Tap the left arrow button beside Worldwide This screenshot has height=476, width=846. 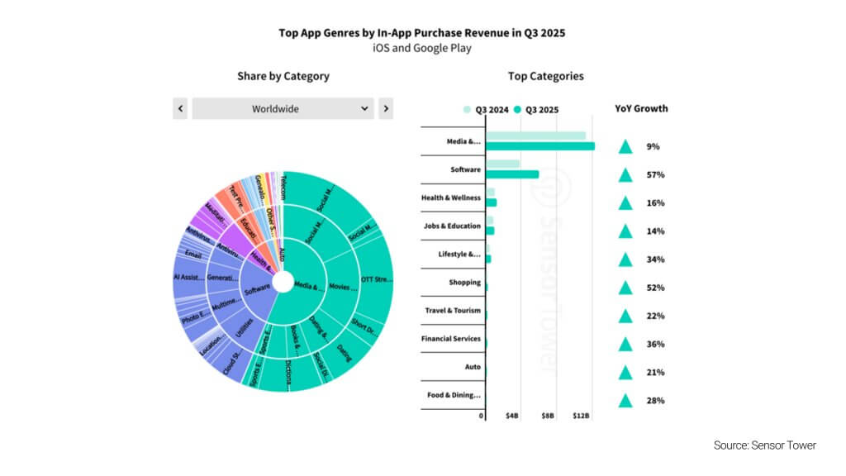[180, 108]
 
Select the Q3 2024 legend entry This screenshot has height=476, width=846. [485, 109]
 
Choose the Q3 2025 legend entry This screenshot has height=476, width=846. [536, 109]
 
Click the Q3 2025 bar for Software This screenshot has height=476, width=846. [512, 174]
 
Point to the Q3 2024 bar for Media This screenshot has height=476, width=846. [535, 136]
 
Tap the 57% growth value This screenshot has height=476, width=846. [655, 175]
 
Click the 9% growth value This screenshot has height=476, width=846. [653, 147]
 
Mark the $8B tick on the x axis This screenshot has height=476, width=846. [548, 416]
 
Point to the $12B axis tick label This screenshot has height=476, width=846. [582, 416]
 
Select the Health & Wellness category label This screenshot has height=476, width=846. [451, 198]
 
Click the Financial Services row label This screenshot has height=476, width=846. [451, 339]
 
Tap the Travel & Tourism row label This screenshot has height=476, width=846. [451, 311]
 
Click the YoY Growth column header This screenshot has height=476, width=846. [641, 108]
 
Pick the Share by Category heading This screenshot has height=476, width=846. [283, 76]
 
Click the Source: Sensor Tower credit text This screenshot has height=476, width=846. [764, 445]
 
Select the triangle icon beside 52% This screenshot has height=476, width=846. [625, 288]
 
